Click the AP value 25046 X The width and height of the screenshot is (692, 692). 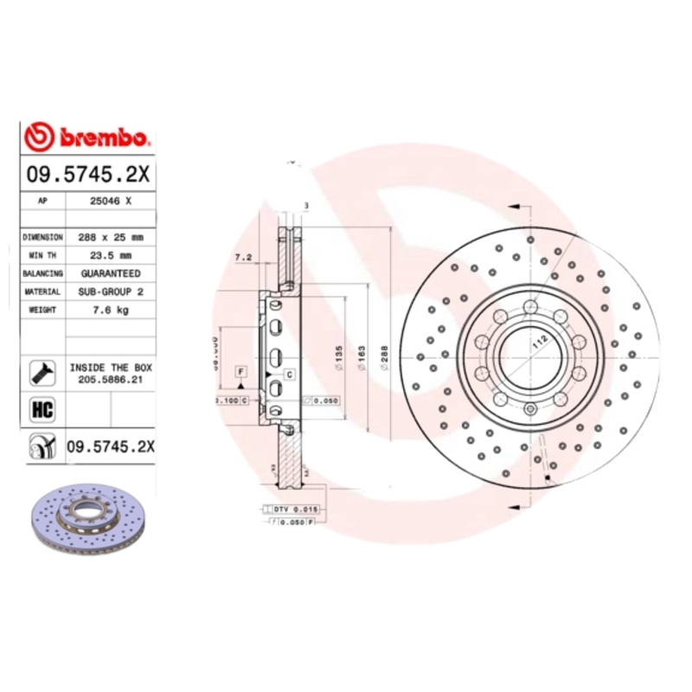(110, 200)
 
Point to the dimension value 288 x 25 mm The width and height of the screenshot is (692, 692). (110, 236)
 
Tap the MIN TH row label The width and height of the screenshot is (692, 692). (42, 254)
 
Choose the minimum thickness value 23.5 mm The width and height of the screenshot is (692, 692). (110, 254)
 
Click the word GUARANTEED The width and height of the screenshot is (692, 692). (110, 272)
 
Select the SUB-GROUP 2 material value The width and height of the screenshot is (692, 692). (110, 292)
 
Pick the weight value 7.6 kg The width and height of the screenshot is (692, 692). (110, 310)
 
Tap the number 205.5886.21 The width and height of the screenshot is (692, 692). (110, 379)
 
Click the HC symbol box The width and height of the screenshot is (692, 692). (42, 409)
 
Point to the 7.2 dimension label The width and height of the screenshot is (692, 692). (243, 258)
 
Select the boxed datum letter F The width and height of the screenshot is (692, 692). (239, 371)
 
